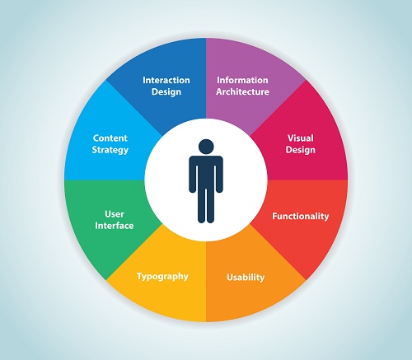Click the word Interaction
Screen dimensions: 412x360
[x=166, y=80]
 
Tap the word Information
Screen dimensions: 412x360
[x=242, y=80]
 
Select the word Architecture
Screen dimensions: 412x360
[x=242, y=91]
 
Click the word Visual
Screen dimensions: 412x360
[x=301, y=138]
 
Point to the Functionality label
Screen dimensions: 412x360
[x=301, y=216]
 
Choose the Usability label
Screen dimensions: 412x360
[x=246, y=277]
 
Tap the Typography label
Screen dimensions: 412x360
[x=162, y=276]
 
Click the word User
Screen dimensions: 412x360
[x=115, y=214]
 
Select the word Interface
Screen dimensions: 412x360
[x=115, y=226]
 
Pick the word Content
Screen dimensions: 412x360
[x=110, y=138]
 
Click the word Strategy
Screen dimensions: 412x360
[x=110, y=150]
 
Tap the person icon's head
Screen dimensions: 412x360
[x=206, y=147]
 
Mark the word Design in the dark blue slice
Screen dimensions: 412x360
[x=166, y=91]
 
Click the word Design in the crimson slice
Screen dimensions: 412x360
[x=301, y=150]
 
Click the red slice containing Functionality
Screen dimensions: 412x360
[x=302, y=220]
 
